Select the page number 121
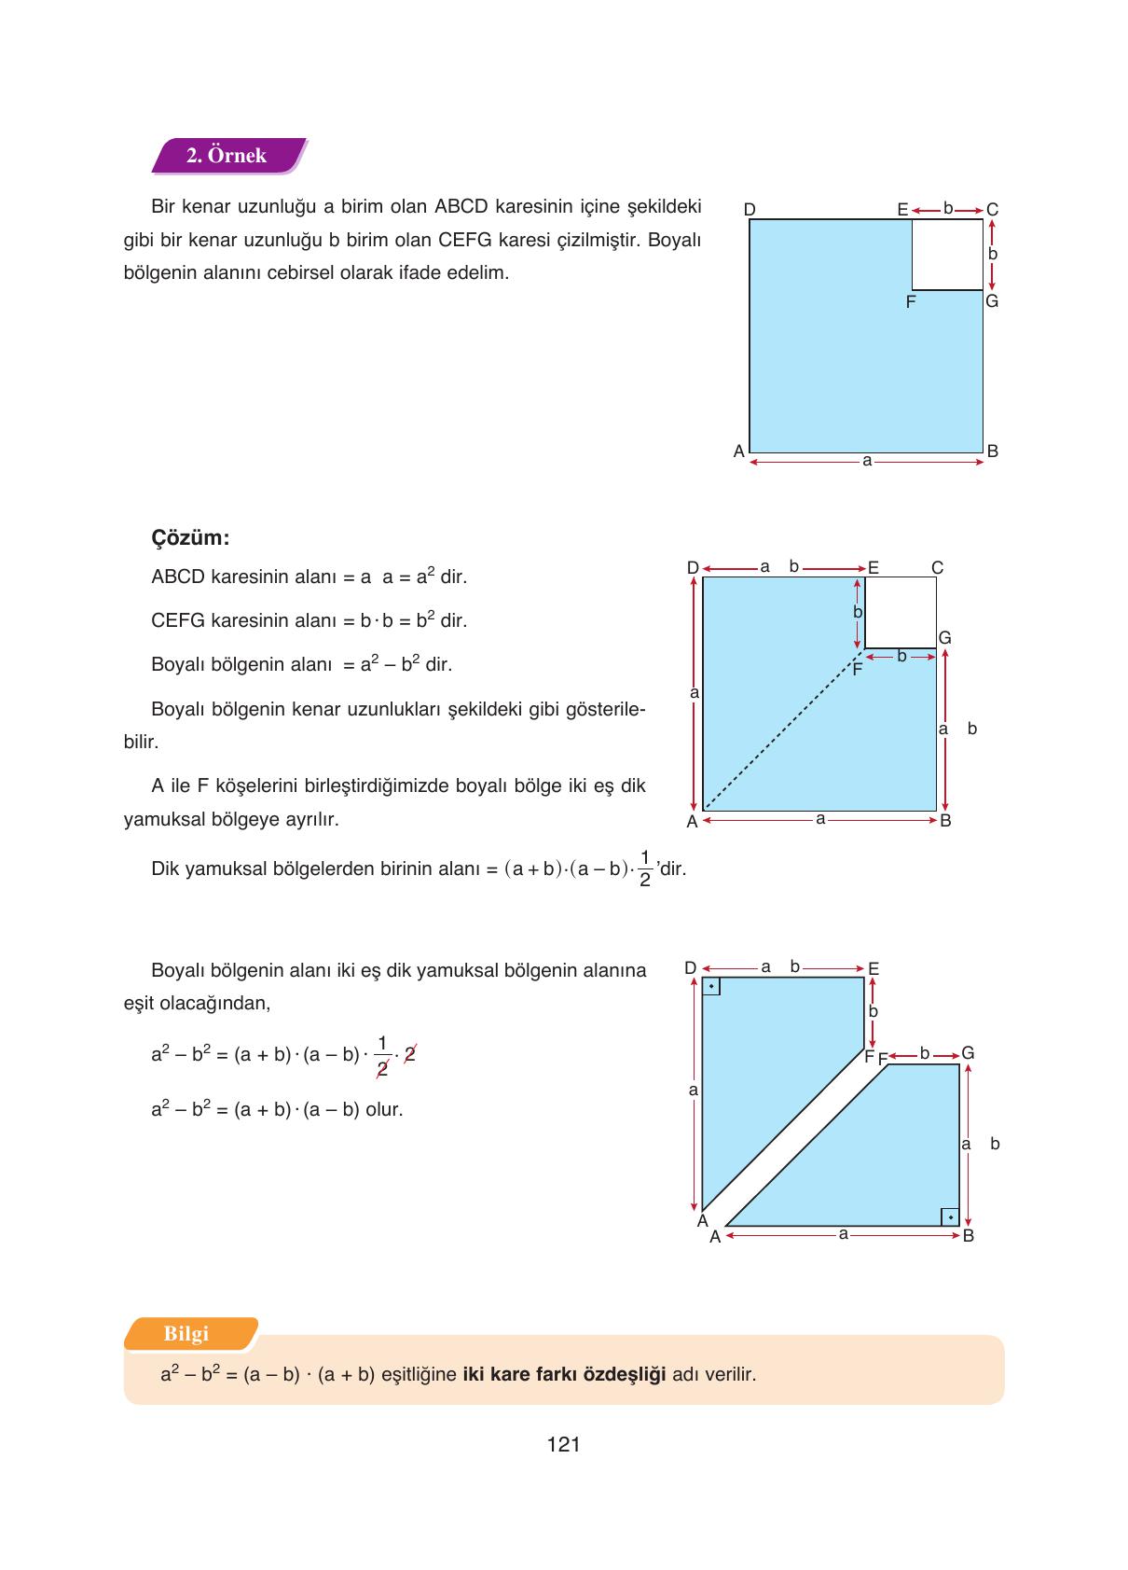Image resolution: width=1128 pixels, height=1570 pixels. (564, 1445)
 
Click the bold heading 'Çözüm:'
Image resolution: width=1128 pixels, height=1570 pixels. (190, 538)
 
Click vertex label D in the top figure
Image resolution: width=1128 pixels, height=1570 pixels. (750, 210)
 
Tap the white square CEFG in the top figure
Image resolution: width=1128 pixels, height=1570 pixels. (947, 255)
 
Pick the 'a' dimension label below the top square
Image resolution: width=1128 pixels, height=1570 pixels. (867, 461)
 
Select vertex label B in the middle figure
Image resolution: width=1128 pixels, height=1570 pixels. (945, 822)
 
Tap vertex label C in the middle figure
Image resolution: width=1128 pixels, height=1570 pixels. (937, 567)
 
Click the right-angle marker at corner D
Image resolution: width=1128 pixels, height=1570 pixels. (711, 986)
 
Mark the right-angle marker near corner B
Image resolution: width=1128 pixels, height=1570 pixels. (949, 1216)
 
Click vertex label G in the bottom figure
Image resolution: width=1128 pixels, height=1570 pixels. (968, 1053)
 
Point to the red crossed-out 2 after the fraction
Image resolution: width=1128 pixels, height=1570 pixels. (408, 1054)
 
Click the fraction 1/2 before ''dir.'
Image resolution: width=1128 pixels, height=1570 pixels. (645, 868)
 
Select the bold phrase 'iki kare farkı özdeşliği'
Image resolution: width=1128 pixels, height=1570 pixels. (564, 1374)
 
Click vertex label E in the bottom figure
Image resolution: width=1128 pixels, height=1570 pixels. (874, 969)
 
